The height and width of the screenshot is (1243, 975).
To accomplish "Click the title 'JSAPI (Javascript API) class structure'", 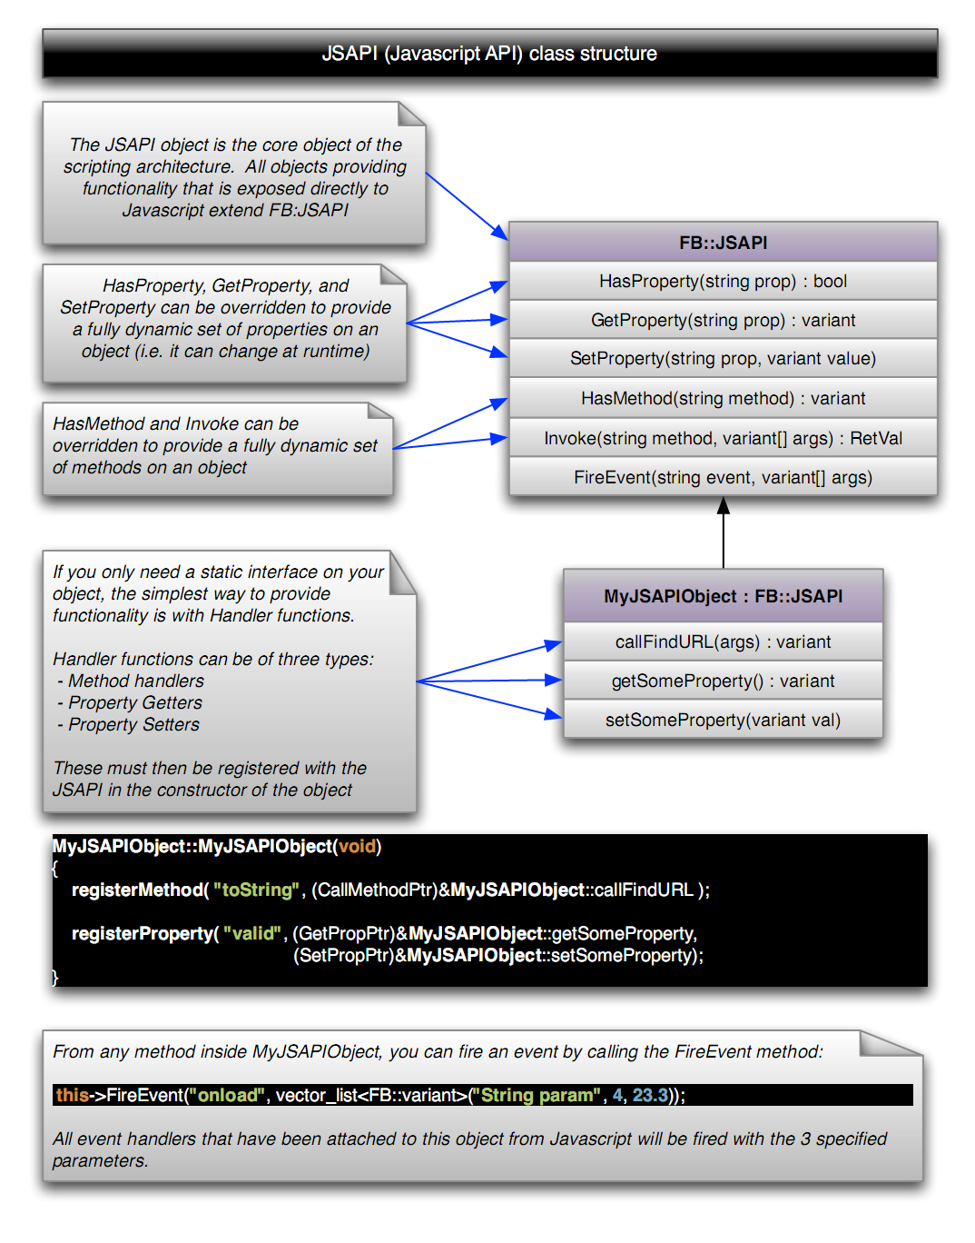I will coord(489,54).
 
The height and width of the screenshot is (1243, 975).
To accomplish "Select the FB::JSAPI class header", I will coord(723,243).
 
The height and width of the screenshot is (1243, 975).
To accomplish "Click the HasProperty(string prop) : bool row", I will coord(723,282).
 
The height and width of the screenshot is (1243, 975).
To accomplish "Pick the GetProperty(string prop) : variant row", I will coord(723,321).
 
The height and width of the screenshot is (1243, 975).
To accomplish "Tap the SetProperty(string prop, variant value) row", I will coord(723,359).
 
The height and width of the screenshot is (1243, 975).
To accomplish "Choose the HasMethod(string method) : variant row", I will coord(723,399).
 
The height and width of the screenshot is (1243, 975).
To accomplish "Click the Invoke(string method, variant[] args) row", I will coord(723,439).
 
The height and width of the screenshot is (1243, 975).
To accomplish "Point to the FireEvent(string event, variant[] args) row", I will coord(723,478).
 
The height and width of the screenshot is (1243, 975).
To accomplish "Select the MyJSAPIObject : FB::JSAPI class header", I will coord(723,596).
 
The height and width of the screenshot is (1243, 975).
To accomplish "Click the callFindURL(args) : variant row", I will coord(723,642).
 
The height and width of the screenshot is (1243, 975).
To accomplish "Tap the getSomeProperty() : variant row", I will coord(723,681).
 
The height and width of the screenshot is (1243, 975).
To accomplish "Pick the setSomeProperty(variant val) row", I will coord(723,721).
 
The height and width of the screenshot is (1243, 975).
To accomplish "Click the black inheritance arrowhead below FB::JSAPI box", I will coord(724,506).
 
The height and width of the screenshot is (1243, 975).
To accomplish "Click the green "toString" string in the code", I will coord(256,890).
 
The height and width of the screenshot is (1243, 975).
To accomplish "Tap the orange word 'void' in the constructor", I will coord(357,847).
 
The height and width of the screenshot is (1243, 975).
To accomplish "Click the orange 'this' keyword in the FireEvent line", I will coord(73,1096).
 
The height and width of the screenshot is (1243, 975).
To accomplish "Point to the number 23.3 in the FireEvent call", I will coord(650,1096).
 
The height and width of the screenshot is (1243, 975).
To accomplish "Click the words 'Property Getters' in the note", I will coord(135,703).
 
